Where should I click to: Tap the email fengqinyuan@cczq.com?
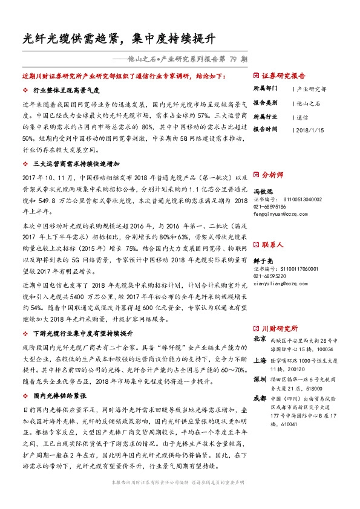click(x=281, y=213)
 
